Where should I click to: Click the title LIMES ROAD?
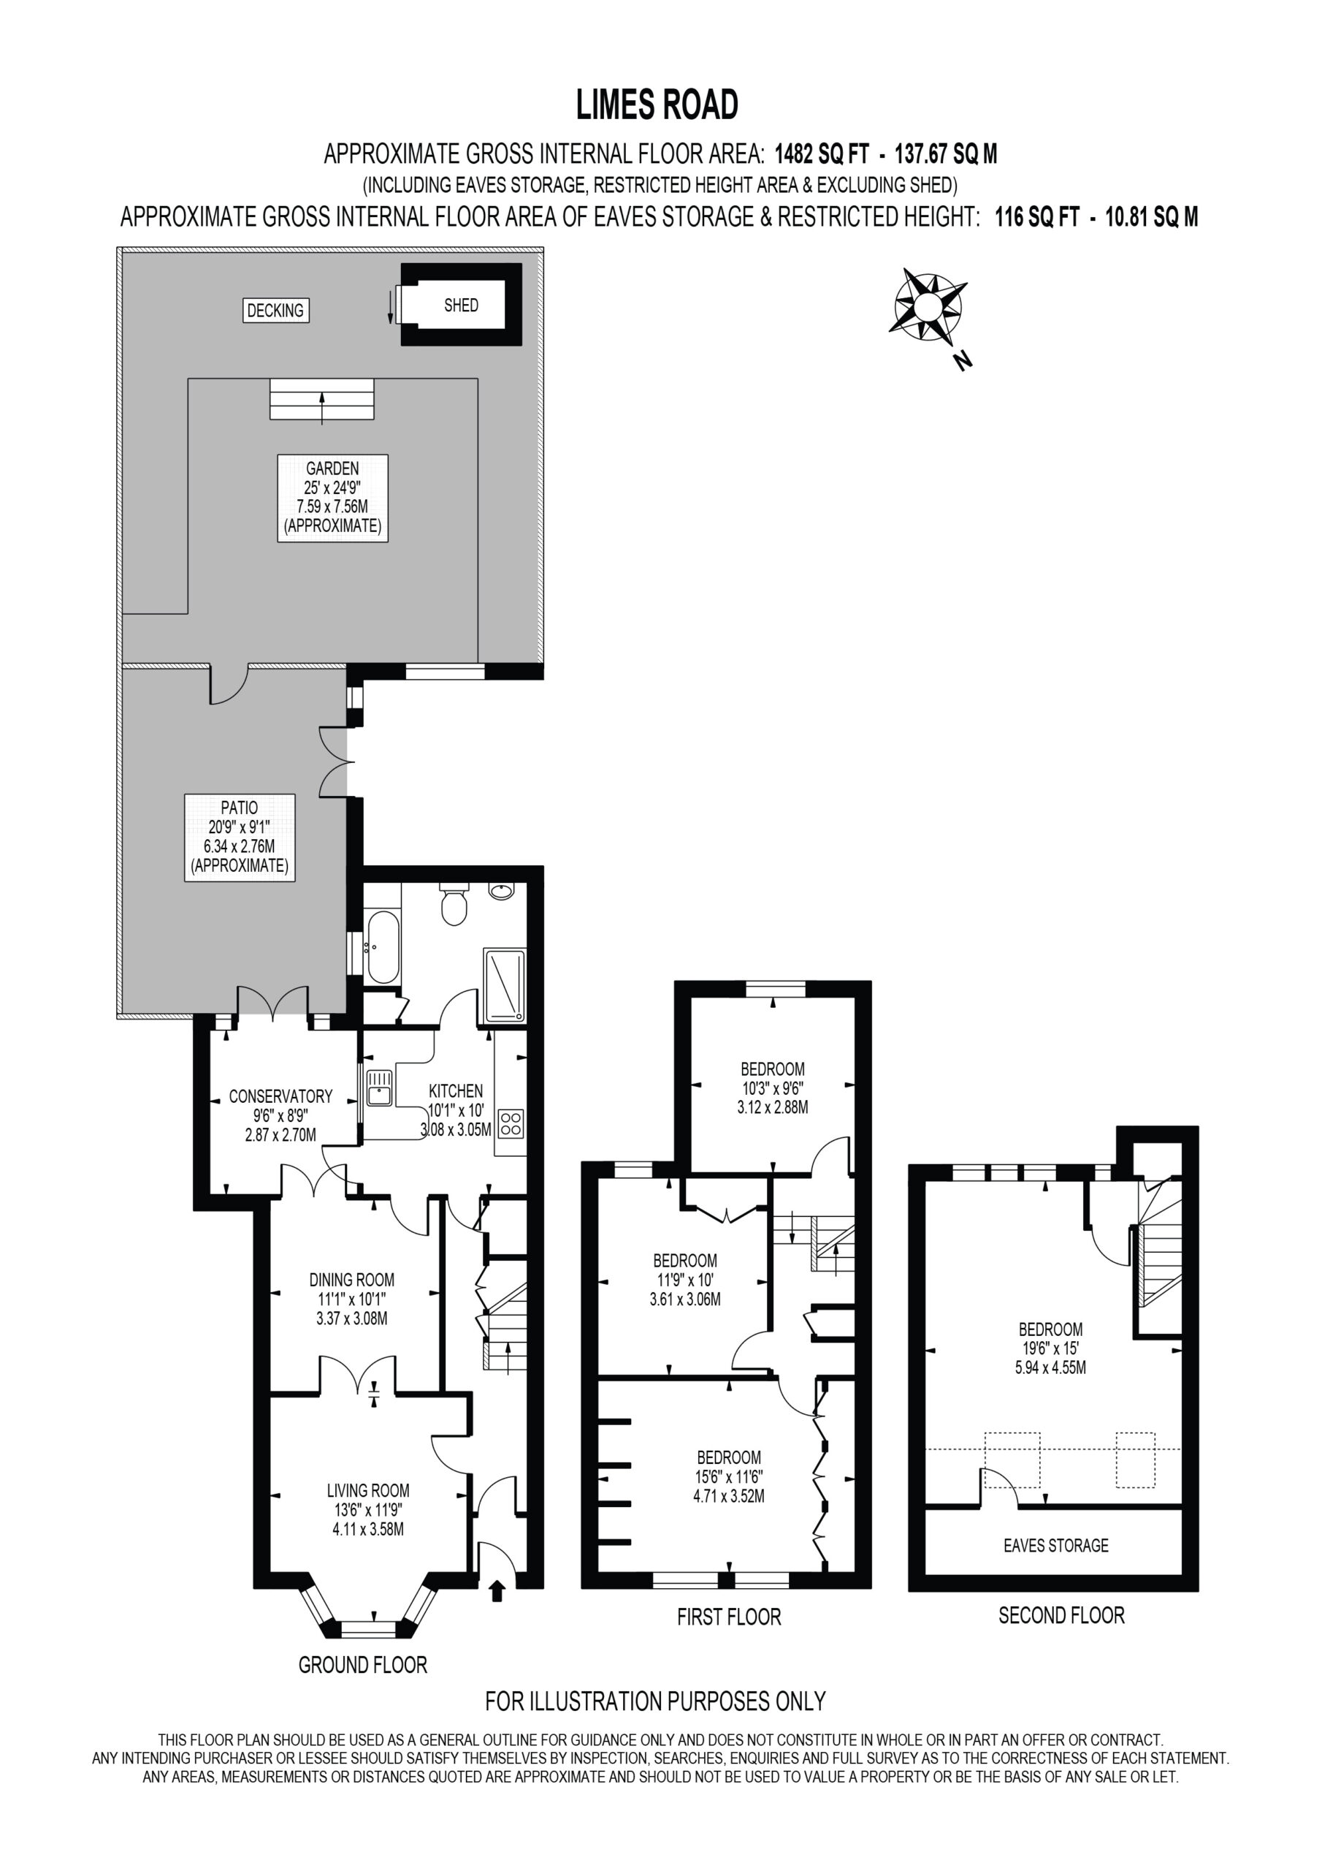click(657, 105)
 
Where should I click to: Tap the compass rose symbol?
click(928, 308)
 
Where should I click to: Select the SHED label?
click(461, 305)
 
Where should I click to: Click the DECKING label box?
click(276, 311)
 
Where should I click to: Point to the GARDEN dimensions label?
click(332, 498)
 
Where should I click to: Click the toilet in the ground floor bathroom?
click(453, 904)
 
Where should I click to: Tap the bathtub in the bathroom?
click(381, 948)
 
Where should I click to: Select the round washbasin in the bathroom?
click(502, 891)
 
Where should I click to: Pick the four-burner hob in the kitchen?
click(511, 1124)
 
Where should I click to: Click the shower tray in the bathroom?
click(505, 984)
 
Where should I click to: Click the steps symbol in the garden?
click(322, 399)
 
